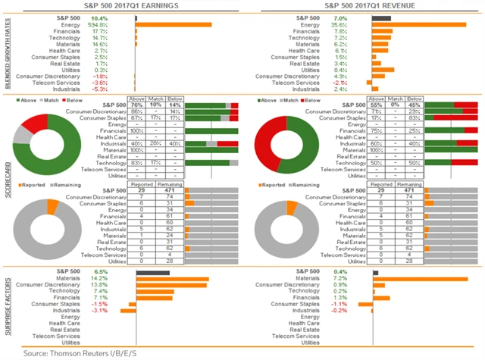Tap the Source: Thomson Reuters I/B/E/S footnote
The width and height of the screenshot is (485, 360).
tap(74, 353)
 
